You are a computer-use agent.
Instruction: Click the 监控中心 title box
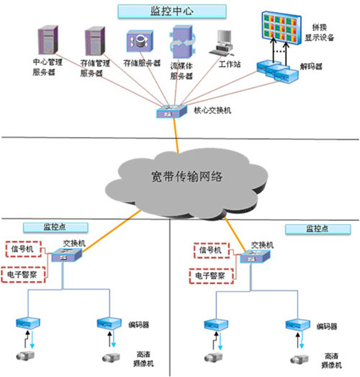coord(172,11)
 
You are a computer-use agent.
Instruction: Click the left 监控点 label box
coord(55,227)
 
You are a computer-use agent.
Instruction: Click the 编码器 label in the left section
coord(139,325)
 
